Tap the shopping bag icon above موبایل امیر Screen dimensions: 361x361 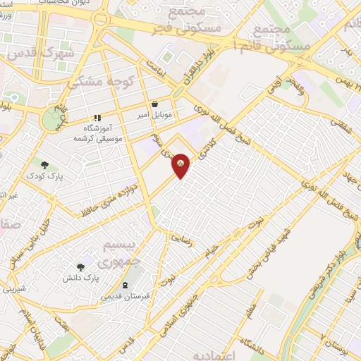tap(154, 104)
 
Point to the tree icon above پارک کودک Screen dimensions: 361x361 tap(44, 165)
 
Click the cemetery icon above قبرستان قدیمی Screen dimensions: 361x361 tap(125, 286)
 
